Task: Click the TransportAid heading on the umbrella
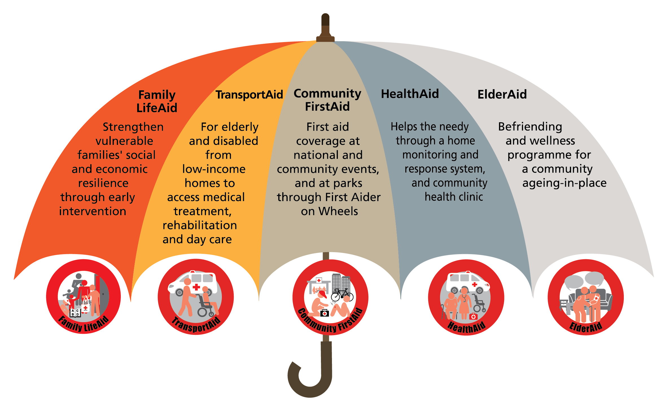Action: tap(249, 95)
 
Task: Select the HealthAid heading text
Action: tap(410, 94)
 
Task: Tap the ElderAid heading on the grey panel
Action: tap(502, 94)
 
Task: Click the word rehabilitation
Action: tap(200, 225)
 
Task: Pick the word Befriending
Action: tap(530, 127)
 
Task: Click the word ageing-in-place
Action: tap(564, 183)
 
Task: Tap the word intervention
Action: tap(93, 211)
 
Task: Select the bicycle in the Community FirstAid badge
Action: tap(342, 295)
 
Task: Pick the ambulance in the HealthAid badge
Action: tap(467, 282)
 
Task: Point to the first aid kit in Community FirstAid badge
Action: tap(325, 313)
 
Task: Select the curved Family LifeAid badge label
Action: tap(83, 324)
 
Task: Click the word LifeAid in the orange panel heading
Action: tap(157, 108)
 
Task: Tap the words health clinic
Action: tap(454, 197)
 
